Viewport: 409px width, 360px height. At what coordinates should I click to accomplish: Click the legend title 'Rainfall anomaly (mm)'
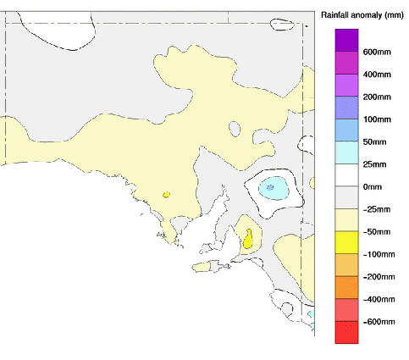coord(362,15)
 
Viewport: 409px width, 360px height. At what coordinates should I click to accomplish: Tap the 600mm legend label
coord(376,52)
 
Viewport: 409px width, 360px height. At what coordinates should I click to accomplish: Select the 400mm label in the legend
coord(376,75)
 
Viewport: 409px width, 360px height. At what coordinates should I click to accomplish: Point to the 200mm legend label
coord(376,97)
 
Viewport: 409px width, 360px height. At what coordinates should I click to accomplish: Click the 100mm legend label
coord(376,119)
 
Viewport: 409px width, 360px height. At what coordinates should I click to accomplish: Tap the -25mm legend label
coord(376,209)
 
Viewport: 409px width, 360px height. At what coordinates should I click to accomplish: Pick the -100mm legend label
coord(378,254)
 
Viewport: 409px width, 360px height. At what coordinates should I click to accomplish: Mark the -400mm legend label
coord(378,299)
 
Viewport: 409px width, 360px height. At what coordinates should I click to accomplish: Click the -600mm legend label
coord(378,322)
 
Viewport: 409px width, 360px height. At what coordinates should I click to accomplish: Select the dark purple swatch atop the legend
coord(347,40)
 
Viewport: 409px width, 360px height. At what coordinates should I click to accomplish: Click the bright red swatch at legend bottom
coord(347,333)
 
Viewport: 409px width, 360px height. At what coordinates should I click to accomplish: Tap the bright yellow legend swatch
coord(347,242)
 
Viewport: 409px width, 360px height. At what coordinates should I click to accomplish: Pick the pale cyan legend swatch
coord(347,152)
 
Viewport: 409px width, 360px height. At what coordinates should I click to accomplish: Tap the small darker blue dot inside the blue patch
coord(270,186)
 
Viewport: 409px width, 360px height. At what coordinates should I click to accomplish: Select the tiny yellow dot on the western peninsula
coord(166,195)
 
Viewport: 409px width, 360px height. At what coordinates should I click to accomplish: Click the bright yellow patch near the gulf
coord(249,240)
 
